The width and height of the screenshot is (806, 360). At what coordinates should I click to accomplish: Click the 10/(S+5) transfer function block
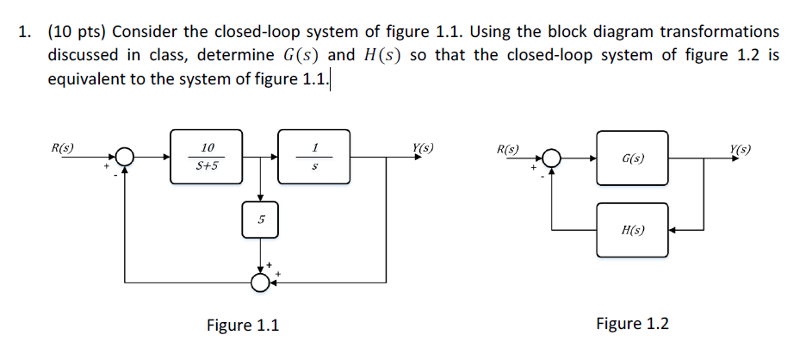point(207,157)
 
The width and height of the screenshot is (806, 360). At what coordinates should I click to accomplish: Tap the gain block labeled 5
point(260,222)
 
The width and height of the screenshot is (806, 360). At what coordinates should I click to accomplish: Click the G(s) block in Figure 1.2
point(633,158)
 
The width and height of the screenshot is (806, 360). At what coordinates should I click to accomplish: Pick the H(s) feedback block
point(633,230)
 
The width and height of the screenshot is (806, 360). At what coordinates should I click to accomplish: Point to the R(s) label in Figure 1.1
point(61,147)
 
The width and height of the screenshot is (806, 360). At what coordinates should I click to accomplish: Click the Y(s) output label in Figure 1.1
point(422,147)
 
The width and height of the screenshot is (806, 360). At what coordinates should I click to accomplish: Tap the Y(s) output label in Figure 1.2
point(738,149)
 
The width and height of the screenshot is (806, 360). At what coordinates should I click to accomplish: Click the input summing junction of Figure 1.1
point(126,158)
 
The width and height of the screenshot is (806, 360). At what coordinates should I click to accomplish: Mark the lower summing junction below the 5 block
point(260,281)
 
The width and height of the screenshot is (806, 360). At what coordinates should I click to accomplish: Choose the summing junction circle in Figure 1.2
point(552,159)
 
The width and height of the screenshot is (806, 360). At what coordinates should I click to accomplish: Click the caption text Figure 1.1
point(242,325)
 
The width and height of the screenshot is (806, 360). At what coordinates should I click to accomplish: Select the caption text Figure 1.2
point(632,324)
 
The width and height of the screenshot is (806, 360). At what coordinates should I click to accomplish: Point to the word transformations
point(719,33)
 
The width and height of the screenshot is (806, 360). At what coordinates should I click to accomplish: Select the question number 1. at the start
point(27,33)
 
